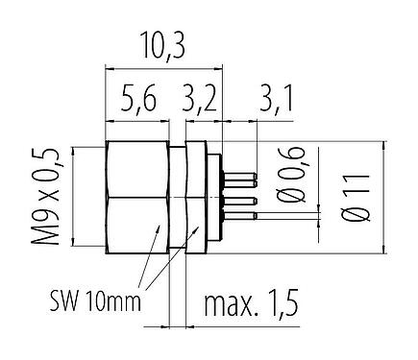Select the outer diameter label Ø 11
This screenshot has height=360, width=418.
(x=357, y=198)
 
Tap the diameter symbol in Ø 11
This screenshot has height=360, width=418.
(x=357, y=218)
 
